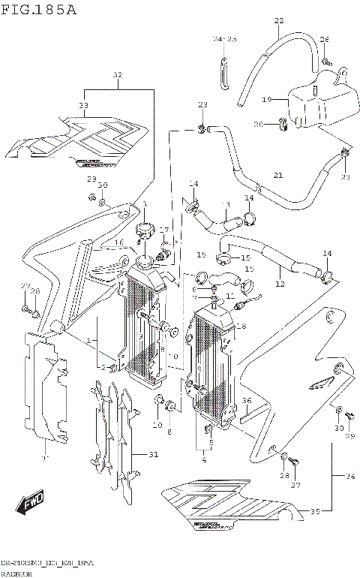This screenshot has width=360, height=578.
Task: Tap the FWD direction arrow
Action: (34, 501)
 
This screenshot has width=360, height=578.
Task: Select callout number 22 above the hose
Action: (279, 20)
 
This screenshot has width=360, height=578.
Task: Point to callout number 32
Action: (117, 75)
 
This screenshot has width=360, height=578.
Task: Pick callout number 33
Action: (83, 105)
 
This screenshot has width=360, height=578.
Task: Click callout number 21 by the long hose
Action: (278, 175)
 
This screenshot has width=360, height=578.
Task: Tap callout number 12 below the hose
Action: (280, 284)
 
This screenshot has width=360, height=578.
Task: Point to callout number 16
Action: (118, 242)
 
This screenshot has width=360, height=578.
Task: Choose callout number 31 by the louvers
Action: (154, 453)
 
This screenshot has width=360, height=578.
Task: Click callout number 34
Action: (349, 474)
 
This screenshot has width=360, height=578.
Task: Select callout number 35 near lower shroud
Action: (315, 512)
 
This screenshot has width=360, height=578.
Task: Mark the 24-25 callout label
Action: (224, 38)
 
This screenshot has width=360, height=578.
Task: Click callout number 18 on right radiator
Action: (241, 327)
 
